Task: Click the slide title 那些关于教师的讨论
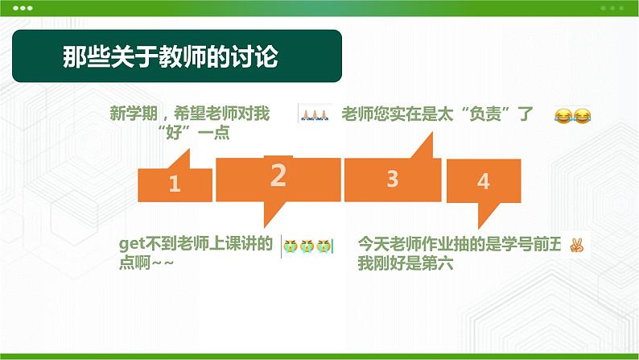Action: coord(171,56)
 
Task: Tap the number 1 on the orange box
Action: coord(175,184)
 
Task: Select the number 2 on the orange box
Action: coord(278,176)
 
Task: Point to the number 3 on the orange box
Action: coord(393,179)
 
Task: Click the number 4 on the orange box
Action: coord(484,181)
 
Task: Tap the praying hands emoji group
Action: coord(314,115)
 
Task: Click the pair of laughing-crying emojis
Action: coord(572,116)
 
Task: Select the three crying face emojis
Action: coord(307,246)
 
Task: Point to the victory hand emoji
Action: coord(577,246)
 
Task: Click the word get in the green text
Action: coord(132,244)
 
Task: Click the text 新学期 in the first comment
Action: coord(134,113)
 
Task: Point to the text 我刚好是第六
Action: coord(406,263)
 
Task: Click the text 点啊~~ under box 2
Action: coord(146,263)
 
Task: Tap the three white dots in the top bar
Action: coord(23,8)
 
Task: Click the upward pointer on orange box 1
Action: coord(181,159)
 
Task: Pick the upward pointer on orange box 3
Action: coord(424,146)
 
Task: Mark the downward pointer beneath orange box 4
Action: coord(486,215)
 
